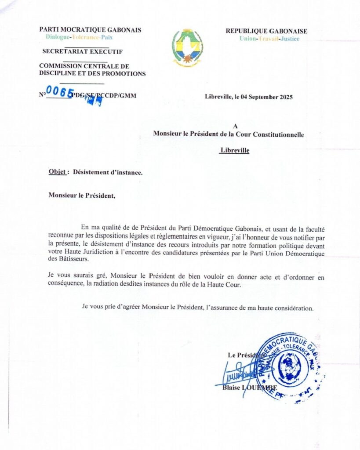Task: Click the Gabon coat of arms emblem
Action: tap(187, 47)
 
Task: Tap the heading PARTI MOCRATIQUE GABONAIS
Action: tap(90, 30)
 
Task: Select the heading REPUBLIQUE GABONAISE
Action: tap(266, 31)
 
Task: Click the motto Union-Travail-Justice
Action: tap(269, 39)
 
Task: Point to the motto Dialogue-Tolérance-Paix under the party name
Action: tap(79, 37)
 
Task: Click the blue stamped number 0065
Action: tap(60, 92)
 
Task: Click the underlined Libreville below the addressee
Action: tap(234, 150)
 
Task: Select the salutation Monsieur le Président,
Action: tap(82, 196)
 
